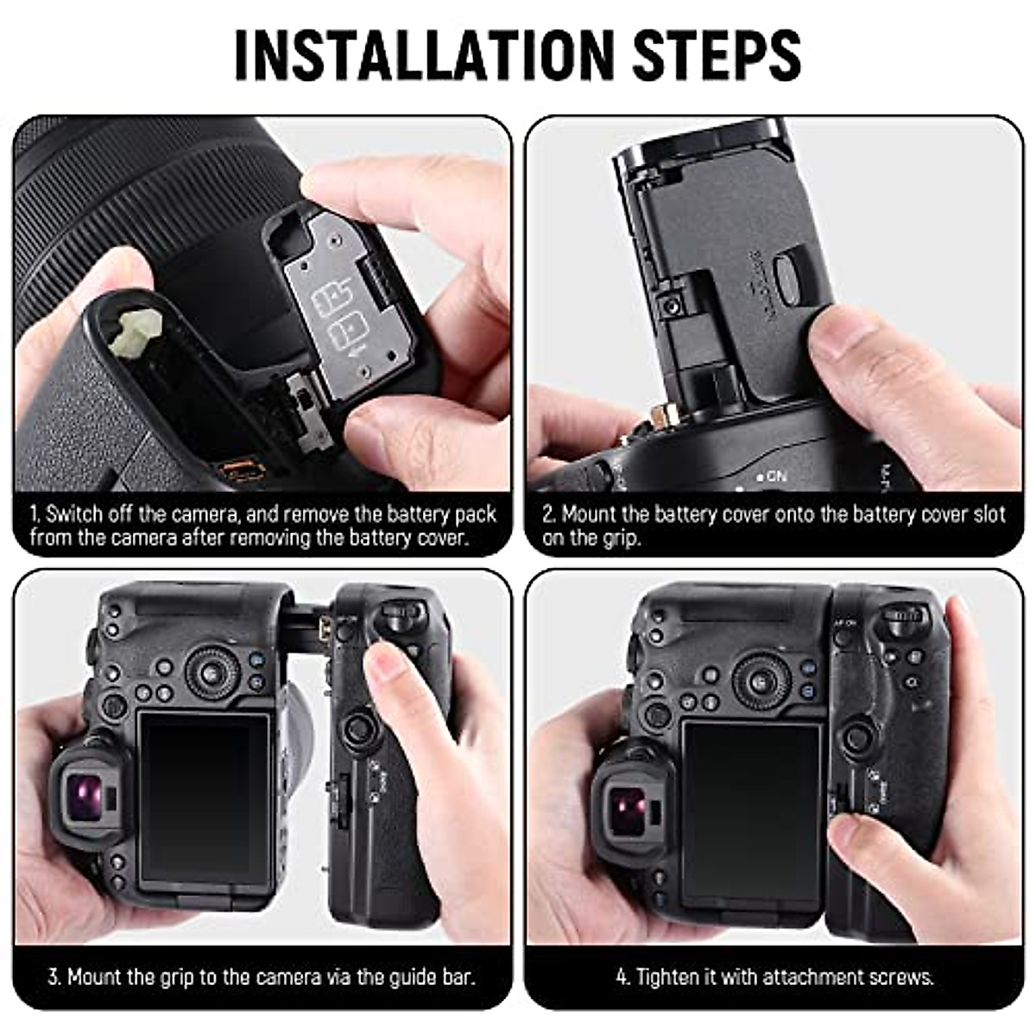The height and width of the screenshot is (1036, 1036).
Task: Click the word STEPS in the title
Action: pyautogui.click(x=716, y=55)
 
